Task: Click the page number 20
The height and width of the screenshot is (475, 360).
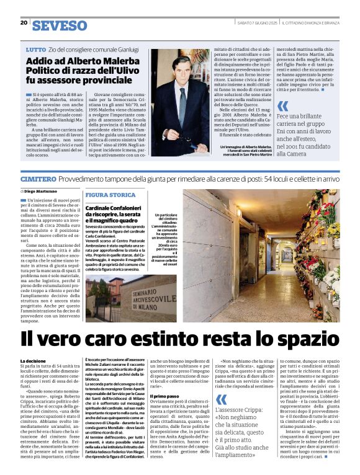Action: [24, 23]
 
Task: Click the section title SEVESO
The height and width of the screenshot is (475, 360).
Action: [59, 25]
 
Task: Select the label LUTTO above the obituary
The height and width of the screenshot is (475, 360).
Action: [35, 49]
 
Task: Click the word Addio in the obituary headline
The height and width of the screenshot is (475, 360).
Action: [40, 61]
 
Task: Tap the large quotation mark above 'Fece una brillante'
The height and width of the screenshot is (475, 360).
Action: [282, 106]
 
